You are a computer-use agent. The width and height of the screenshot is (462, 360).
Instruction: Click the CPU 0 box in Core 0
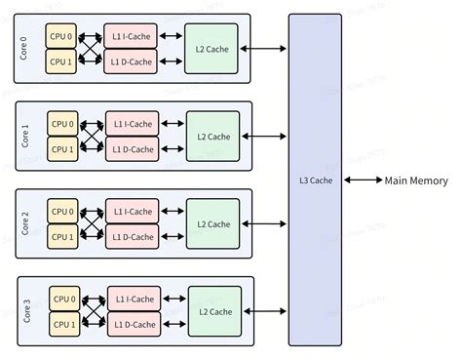60,36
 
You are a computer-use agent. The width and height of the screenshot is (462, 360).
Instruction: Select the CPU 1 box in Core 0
60,60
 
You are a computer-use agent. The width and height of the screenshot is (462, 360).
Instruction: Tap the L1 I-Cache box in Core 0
133,36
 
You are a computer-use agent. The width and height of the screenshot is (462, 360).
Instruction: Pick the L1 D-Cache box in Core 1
133,149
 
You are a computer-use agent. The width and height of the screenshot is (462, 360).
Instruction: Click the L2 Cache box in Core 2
212,223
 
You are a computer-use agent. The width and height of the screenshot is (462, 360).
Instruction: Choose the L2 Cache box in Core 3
212,311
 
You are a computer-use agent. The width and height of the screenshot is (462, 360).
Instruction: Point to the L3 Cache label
315,180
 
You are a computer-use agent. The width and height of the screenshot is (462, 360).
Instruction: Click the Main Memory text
416,180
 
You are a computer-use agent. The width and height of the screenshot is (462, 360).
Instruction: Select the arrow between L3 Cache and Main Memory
362,180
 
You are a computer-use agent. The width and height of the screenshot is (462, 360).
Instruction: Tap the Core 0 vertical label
26,48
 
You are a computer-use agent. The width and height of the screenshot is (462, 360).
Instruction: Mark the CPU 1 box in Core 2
60,236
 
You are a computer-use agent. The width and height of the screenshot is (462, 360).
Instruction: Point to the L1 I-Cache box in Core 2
133,212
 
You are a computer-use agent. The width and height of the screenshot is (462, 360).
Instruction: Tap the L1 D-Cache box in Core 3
133,324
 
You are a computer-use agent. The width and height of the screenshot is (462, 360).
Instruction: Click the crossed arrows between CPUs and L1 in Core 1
91,137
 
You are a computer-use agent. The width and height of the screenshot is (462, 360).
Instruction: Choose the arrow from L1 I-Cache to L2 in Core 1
173,124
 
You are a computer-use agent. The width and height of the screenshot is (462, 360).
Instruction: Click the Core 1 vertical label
26,137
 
